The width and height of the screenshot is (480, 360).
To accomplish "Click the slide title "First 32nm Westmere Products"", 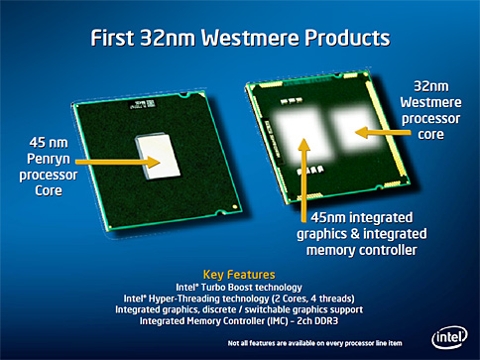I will tap(240, 41).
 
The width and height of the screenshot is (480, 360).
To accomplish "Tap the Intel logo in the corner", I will tap(451, 335).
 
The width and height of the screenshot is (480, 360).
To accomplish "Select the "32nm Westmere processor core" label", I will tap(433, 106).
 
